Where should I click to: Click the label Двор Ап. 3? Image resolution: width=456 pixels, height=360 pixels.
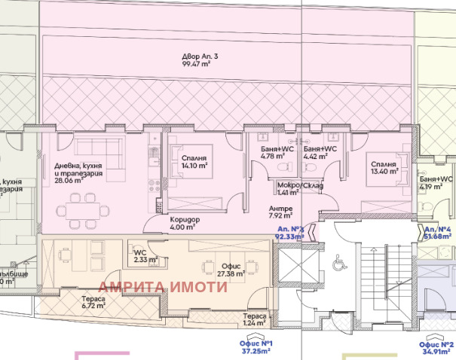click(x=200, y=57)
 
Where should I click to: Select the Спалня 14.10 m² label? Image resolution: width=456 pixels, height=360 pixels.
click(x=194, y=161)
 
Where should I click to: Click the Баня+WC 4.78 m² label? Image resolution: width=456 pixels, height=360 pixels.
click(x=278, y=153)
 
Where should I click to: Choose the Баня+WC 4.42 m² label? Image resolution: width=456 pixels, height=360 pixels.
click(x=320, y=153)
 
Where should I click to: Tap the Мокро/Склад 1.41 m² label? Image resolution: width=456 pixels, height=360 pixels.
click(x=300, y=188)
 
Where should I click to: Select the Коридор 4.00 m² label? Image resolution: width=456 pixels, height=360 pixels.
click(x=182, y=222)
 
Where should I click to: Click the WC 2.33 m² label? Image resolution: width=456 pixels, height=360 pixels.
click(x=142, y=256)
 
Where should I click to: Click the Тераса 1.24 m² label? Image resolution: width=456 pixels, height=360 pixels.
click(x=255, y=320)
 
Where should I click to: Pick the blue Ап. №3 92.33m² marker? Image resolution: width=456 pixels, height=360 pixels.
click(x=289, y=232)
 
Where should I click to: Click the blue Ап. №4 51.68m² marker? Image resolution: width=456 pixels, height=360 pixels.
click(x=437, y=232)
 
